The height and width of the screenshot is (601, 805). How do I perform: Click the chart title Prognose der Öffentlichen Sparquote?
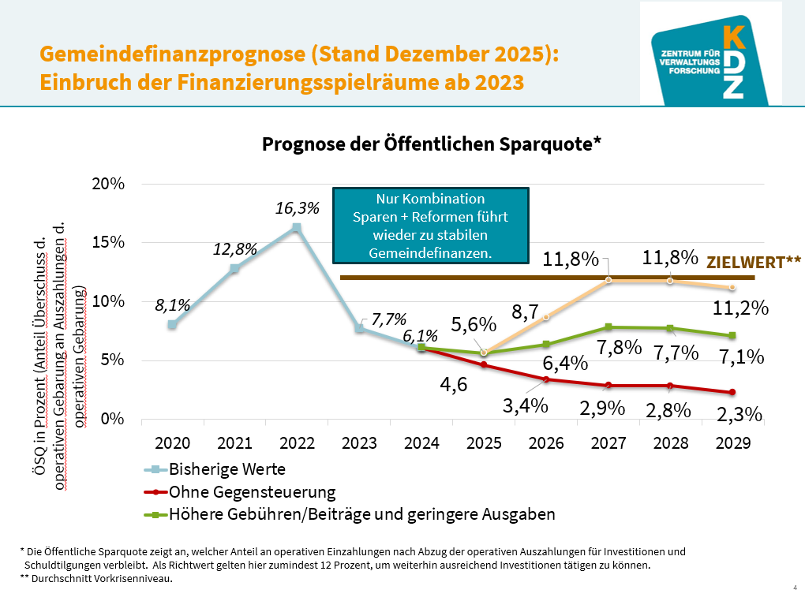click(432, 144)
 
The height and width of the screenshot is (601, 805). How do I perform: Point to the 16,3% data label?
click(297, 209)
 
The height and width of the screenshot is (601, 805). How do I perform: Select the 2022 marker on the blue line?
click(296, 227)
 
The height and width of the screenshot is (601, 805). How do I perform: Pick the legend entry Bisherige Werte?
click(227, 469)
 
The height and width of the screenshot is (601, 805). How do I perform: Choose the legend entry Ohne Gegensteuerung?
click(252, 492)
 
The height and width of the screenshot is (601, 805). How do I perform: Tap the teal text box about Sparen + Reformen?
click(430, 226)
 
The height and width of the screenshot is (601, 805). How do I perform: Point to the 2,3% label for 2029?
click(740, 414)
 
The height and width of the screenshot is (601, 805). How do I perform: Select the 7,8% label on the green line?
click(619, 346)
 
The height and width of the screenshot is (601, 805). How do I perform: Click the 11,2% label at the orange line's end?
click(747, 308)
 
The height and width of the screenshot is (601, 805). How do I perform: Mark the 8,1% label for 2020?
click(171, 305)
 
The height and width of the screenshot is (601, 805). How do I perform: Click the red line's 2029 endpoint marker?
click(732, 392)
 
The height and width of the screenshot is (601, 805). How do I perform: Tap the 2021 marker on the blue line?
click(234, 268)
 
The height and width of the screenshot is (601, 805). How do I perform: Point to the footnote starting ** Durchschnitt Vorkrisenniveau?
click(96, 579)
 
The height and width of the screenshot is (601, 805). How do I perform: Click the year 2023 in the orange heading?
click(497, 82)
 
